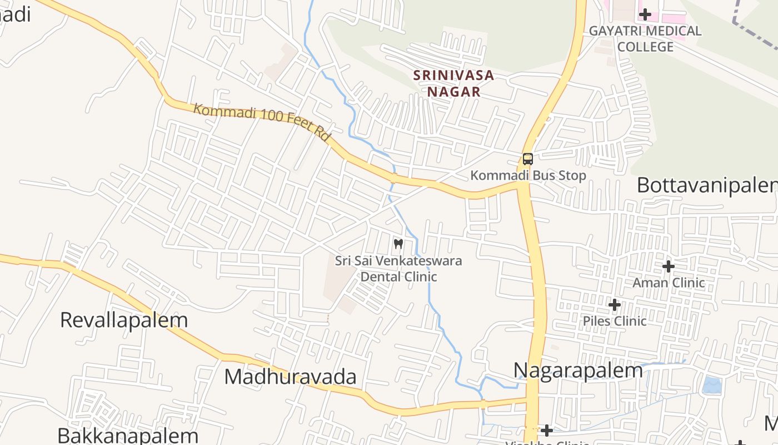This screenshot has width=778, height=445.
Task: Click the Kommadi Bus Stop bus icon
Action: (527, 159)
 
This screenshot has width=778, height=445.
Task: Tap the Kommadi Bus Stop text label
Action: (528, 176)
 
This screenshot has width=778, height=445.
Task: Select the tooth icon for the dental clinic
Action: (398, 244)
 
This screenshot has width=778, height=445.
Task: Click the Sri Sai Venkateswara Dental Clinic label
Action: (398, 268)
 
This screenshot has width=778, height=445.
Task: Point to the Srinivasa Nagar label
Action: (454, 83)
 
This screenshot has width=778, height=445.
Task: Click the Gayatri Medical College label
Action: (645, 38)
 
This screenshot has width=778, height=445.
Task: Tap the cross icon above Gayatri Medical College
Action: (645, 14)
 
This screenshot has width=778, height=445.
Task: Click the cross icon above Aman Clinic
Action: (669, 266)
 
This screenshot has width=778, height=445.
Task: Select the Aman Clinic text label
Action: (669, 283)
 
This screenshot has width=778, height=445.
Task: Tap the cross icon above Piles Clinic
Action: (614, 305)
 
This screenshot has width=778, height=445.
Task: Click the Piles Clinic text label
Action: (614, 321)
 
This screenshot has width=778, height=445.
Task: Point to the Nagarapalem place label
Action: (578, 370)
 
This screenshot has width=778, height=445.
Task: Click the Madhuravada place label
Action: (290, 377)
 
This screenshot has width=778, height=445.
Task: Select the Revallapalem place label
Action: (124, 320)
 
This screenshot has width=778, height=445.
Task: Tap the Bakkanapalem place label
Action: (128, 436)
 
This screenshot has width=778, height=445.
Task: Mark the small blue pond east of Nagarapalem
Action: (712, 385)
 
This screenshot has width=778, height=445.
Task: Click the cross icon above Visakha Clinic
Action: (547, 431)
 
